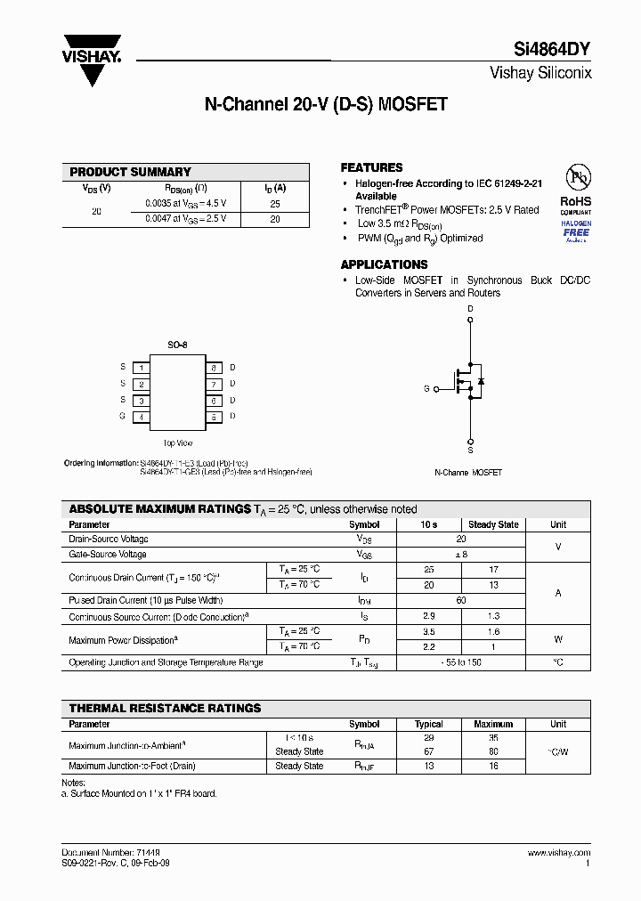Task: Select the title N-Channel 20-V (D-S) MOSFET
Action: tap(326, 104)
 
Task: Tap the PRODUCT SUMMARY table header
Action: tap(130, 172)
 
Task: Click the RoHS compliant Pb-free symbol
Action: tap(575, 175)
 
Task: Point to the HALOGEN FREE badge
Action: tap(575, 230)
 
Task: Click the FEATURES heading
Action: tap(371, 167)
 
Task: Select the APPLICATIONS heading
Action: tap(384, 264)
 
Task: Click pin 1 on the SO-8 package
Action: tap(141, 367)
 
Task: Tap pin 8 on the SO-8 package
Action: tap(214, 367)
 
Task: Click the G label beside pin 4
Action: tap(123, 416)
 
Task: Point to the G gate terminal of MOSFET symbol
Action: tap(427, 388)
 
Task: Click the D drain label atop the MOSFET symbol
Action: tap(470, 310)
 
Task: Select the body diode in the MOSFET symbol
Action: tap(481, 381)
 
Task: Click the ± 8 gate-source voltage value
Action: tap(460, 554)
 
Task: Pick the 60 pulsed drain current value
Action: tap(460, 601)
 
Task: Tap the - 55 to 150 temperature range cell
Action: tap(460, 662)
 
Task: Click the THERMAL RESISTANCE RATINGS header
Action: tap(166, 708)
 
